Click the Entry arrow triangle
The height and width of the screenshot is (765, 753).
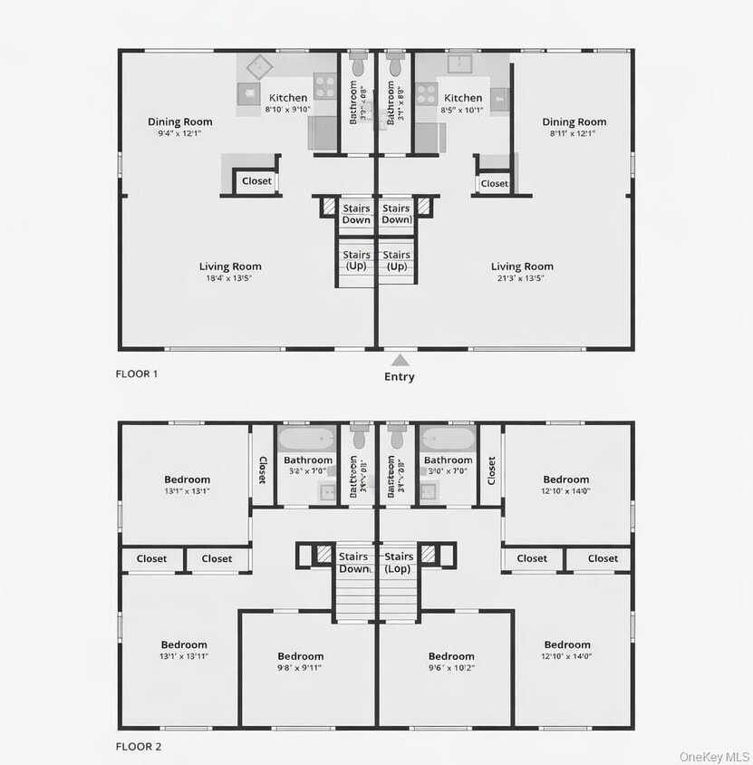pyautogui.click(x=399, y=360)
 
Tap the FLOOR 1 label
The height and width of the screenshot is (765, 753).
pyautogui.click(x=137, y=373)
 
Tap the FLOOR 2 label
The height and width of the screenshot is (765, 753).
pyautogui.click(x=137, y=747)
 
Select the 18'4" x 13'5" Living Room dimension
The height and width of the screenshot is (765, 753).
pyautogui.click(x=230, y=278)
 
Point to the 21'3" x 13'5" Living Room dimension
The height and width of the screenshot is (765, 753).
pyautogui.click(x=522, y=278)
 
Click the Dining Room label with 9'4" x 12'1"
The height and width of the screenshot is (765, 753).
pyautogui.click(x=179, y=122)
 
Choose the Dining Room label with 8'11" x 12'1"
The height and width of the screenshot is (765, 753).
pyautogui.click(x=574, y=122)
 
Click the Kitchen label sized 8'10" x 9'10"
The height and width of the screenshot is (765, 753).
pyautogui.click(x=288, y=98)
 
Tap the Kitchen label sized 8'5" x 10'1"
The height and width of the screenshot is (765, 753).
pyautogui.click(x=463, y=98)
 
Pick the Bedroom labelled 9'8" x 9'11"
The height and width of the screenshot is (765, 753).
pyautogui.click(x=300, y=656)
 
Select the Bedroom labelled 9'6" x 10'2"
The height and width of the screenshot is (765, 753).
pyautogui.click(x=451, y=656)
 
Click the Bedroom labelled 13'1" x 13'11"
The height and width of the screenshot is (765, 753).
pyautogui.click(x=184, y=644)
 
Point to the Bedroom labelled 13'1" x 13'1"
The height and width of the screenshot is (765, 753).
pyautogui.click(x=187, y=479)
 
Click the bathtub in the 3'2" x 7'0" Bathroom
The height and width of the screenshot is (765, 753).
pyautogui.click(x=308, y=439)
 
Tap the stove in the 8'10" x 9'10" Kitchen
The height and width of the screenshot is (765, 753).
pyautogui.click(x=325, y=92)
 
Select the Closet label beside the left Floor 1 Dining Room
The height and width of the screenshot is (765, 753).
pyautogui.click(x=256, y=181)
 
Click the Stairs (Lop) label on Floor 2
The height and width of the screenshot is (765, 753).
pyautogui.click(x=399, y=563)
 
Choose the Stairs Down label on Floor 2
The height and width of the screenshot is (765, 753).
pyautogui.click(x=353, y=563)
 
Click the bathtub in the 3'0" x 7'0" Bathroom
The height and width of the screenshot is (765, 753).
pyautogui.click(x=448, y=439)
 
